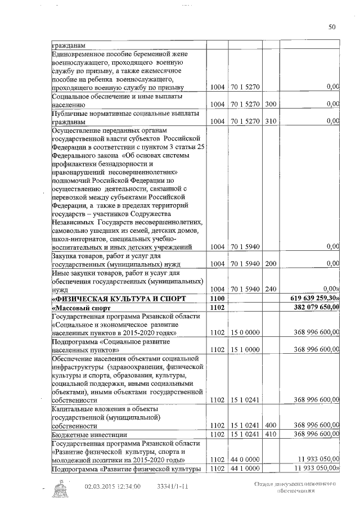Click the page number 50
click(332, 26)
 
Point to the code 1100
click(217, 298)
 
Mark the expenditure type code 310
click(270, 121)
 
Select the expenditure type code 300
click(270, 104)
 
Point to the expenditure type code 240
click(270, 289)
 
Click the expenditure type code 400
click(270, 426)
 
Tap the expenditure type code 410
click(270, 434)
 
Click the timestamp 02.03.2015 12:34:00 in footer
click(112, 486)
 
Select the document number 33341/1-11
click(172, 486)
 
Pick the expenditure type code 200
click(270, 263)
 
